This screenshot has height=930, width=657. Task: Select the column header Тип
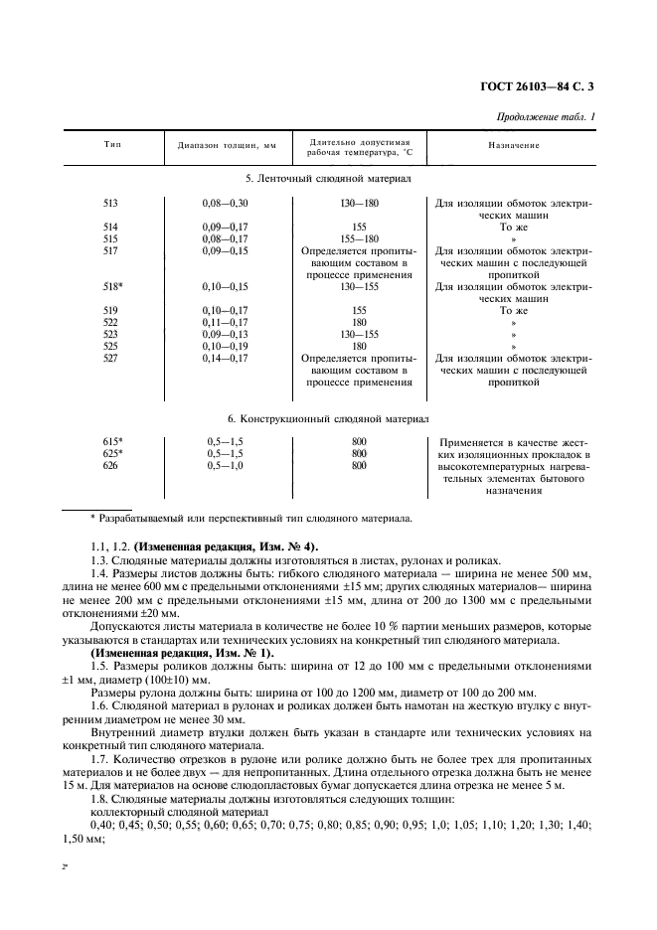click(x=111, y=145)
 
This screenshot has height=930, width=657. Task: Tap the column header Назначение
click(x=513, y=145)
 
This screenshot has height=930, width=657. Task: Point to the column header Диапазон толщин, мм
click(x=226, y=146)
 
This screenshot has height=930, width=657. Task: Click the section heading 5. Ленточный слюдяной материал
click(x=328, y=178)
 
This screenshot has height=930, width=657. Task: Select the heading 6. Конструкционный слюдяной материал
click(x=328, y=419)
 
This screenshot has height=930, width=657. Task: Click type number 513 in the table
click(x=110, y=204)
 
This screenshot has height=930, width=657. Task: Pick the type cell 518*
click(x=112, y=286)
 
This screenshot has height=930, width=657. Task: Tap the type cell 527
click(x=110, y=358)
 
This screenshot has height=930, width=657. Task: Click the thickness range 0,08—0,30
click(x=225, y=204)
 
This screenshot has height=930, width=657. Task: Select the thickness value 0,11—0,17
click(x=225, y=322)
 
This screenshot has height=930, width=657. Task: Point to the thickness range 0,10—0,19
click(x=225, y=346)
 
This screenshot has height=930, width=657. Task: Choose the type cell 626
click(x=110, y=465)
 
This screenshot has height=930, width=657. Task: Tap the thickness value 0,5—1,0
click(x=225, y=465)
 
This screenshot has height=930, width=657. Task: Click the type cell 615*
click(x=112, y=441)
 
